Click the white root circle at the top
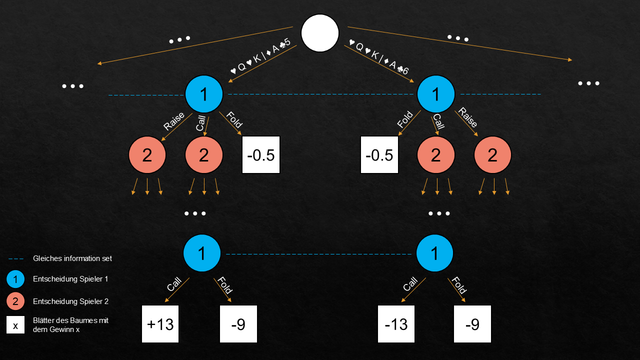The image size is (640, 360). tap(320, 33)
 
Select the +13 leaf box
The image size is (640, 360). tap(160, 324)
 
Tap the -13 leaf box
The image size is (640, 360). tap(396, 324)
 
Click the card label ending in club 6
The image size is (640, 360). tap(379, 57)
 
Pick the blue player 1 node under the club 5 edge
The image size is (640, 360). tap(203, 94)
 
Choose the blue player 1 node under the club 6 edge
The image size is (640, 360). tap(435, 94)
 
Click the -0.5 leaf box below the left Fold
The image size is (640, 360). tap(261, 155)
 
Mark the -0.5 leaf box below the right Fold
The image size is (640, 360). tap(379, 155)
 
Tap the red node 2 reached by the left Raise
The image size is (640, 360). tap(147, 155)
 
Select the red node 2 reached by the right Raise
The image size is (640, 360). tap(492, 155)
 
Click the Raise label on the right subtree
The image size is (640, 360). tap(468, 118)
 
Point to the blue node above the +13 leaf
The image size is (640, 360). tap(201, 253)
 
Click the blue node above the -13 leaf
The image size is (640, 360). tap(434, 253)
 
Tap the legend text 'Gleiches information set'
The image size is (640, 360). tap(72, 258)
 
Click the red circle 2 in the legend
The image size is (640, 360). tap(15, 301)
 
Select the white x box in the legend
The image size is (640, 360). tap(15, 325)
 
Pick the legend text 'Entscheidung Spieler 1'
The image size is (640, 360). tap(70, 279)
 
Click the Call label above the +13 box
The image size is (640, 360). tap(173, 285)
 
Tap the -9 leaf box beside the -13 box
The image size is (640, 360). tap(472, 324)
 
